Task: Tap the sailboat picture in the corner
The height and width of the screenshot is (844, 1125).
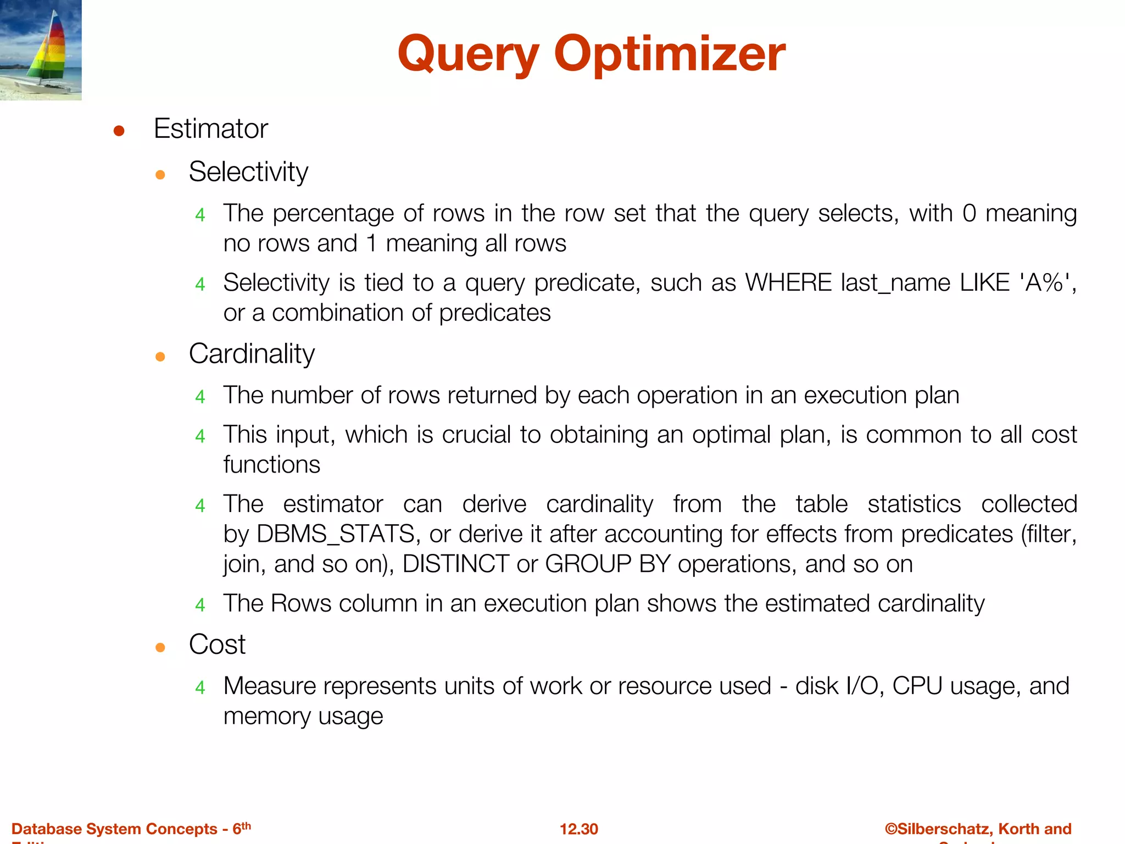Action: pos(41,50)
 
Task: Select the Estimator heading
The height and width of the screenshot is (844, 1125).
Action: pos(211,129)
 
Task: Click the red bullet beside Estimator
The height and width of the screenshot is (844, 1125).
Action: pos(119,131)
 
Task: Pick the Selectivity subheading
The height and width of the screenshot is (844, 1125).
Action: pos(248,172)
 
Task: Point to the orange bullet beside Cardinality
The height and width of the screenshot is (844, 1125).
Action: pos(160,357)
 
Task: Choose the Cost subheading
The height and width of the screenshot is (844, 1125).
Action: pos(217,645)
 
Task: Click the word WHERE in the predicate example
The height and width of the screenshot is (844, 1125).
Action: pos(788,283)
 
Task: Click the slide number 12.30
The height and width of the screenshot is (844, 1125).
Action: pos(578,829)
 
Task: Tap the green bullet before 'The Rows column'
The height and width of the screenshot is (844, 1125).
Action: pos(200,605)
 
